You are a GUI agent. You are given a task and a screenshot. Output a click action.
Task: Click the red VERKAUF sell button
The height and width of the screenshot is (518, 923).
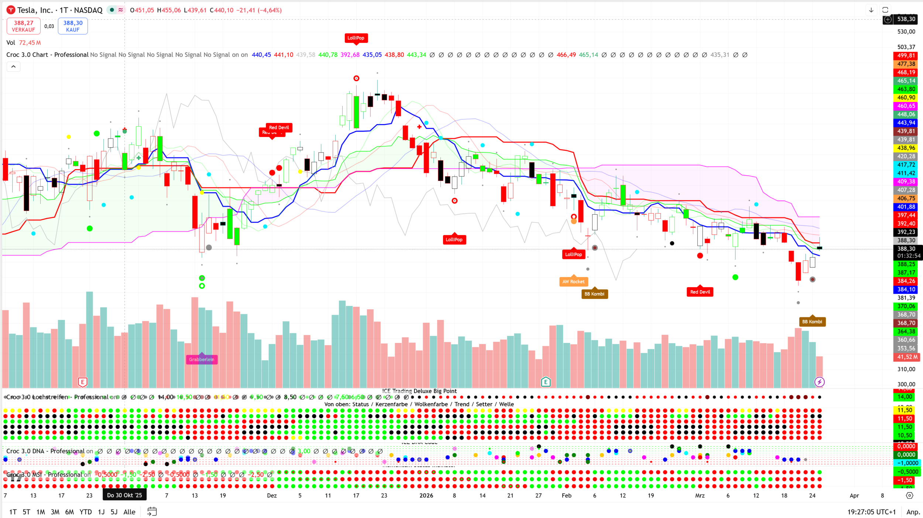coord(23,26)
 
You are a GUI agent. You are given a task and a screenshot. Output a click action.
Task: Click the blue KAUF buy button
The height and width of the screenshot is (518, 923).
coord(73,26)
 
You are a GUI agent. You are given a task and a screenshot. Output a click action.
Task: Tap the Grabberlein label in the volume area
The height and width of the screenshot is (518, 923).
coord(202,359)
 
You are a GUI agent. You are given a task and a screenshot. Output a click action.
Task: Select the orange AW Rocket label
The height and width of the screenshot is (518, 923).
coord(573,282)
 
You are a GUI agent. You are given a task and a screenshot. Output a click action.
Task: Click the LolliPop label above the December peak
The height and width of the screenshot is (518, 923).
coord(356,38)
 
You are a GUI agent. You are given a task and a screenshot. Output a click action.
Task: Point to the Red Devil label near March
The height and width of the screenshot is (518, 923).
coord(700,292)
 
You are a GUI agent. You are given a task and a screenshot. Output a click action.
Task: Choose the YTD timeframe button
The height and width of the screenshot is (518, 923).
coord(86,512)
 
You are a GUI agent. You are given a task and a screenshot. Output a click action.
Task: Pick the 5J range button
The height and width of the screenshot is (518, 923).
coord(114,512)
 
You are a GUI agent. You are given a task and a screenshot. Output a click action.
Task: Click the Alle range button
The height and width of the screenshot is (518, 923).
coord(129,512)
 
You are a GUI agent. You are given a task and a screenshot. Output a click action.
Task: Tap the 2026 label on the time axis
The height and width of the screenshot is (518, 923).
coord(426,495)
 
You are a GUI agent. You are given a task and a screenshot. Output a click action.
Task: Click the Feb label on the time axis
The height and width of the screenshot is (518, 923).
coord(566,495)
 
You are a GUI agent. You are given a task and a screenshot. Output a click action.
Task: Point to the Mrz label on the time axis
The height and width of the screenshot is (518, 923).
coord(700,495)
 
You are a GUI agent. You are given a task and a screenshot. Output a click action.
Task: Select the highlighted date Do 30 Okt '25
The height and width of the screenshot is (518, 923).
coord(124,495)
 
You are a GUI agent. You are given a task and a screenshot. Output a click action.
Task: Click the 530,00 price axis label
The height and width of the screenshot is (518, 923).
coord(906,32)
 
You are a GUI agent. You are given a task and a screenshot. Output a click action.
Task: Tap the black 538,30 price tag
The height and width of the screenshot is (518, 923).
coord(906,19)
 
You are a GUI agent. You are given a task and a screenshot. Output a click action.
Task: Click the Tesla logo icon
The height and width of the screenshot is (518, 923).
coord(11,10)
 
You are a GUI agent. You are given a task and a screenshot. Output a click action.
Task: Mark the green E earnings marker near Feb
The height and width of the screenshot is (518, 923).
coord(546,382)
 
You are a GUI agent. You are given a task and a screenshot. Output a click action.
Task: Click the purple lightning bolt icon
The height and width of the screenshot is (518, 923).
coord(820,382)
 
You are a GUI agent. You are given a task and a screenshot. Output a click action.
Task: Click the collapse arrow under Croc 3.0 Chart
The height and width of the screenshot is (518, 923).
coord(13,67)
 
